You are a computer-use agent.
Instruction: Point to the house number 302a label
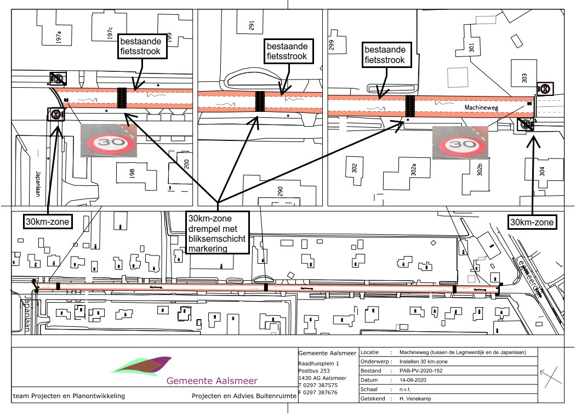pos(414,171)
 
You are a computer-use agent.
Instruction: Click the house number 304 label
pos(543,170)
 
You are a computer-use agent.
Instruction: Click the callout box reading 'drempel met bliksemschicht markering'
pos(218,232)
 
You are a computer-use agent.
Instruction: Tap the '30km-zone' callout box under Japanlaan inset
pos(44,222)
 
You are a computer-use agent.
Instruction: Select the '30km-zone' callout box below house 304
pos(532,222)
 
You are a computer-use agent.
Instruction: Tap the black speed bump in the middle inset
pos(260,101)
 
